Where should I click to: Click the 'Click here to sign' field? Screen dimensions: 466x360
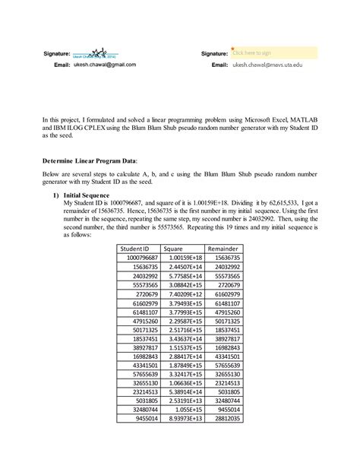point(263,52)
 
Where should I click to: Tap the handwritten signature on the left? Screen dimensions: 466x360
point(96,53)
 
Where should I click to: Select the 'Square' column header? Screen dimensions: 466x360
point(183,248)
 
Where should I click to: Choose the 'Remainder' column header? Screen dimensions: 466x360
point(226,248)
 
